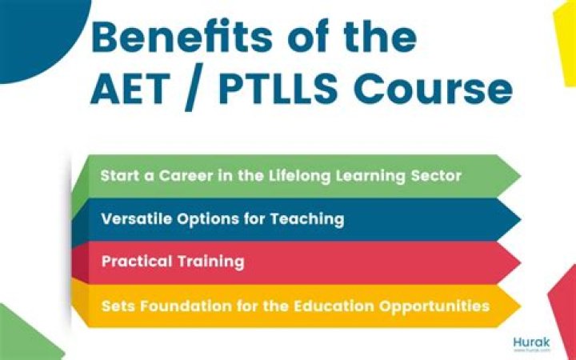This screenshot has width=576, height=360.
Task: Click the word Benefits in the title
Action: (182, 36)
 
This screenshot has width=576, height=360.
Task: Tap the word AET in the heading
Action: (130, 88)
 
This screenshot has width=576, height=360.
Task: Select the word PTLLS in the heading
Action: (278, 88)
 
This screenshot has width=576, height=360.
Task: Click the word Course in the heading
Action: (433, 89)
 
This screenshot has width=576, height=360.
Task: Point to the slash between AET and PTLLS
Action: (194, 87)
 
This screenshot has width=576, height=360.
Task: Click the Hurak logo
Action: (531, 343)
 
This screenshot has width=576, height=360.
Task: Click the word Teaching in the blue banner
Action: (307, 220)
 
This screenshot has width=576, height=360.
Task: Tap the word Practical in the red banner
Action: (137, 262)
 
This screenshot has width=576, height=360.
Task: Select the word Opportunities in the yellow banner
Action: (434, 306)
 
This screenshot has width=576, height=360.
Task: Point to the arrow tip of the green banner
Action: (521, 176)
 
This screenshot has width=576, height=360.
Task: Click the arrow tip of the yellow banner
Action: (521, 306)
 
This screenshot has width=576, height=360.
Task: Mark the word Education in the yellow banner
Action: (333, 306)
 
